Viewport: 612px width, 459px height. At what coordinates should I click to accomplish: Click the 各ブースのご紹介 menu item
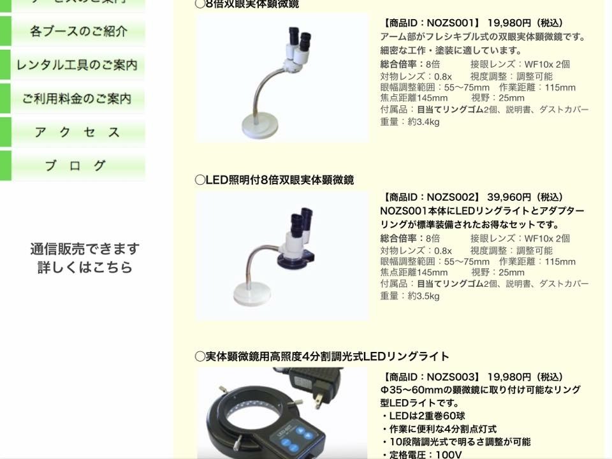pyautogui.click(x=78, y=31)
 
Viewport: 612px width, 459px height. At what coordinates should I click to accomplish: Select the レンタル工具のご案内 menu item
pyautogui.click(x=77, y=65)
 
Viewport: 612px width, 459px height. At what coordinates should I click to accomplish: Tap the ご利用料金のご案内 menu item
pyautogui.click(x=77, y=98)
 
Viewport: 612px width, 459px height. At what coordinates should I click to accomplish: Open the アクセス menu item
pyautogui.click(x=77, y=132)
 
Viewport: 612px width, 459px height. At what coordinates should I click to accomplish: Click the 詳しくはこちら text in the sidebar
pyautogui.click(x=85, y=267)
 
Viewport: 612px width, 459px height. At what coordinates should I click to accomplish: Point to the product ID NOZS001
pyautogui.click(x=452, y=23)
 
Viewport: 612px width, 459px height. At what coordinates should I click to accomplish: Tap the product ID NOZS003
pyautogui.click(x=452, y=377)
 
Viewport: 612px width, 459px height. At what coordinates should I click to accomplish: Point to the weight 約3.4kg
pyautogui.click(x=423, y=122)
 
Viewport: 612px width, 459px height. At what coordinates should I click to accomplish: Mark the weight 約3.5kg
pyautogui.click(x=423, y=296)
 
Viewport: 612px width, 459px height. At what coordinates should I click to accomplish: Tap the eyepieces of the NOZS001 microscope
pyautogui.click(x=300, y=37)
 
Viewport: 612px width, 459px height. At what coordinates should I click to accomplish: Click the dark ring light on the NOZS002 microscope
pyautogui.click(x=295, y=258)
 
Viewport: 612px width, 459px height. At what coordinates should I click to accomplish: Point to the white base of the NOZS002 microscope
pyautogui.click(x=253, y=293)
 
